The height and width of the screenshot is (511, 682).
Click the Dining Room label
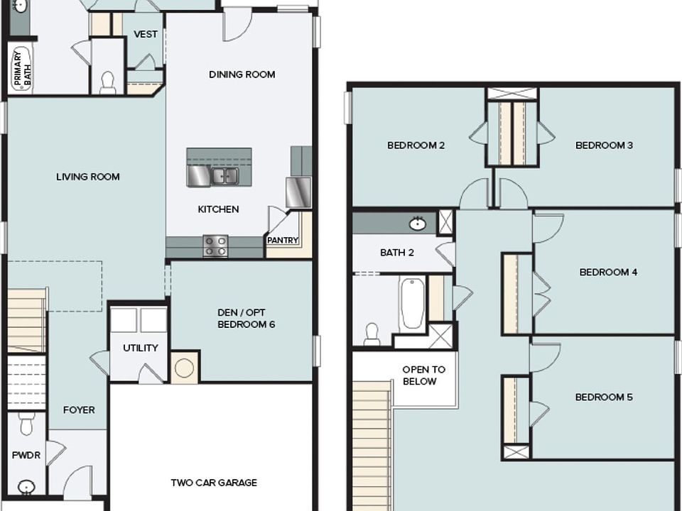[242, 75]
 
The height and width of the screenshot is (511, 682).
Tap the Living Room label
[88, 177]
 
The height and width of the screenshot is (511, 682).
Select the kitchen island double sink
[225, 176]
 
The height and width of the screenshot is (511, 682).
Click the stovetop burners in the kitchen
[215, 246]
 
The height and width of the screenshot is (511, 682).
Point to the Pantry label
[283, 241]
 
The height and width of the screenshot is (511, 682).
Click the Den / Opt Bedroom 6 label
[247, 319]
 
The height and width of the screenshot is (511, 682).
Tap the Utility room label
[141, 348]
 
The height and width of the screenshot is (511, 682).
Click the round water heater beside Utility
[185, 368]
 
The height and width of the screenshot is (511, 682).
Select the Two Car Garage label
[214, 483]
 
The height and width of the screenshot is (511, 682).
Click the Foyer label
[79, 410]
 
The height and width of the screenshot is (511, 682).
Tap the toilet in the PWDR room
[26, 424]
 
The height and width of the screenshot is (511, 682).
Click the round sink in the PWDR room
[26, 487]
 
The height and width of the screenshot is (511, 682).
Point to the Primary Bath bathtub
[21, 69]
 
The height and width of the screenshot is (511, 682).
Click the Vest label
[146, 34]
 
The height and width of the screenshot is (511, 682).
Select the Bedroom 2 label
[416, 145]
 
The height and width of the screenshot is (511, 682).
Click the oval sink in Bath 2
[418, 224]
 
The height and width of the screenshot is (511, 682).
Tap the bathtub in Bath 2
[412, 303]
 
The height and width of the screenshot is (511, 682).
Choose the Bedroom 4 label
[609, 272]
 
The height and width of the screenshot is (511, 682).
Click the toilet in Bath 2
[372, 334]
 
